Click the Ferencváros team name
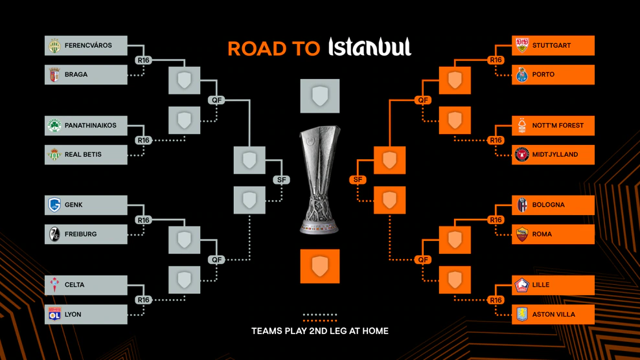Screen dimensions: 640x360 click(x=88, y=45)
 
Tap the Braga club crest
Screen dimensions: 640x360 click(x=54, y=74)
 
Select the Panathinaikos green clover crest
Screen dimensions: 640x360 click(x=54, y=126)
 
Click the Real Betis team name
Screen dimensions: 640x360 click(x=84, y=154)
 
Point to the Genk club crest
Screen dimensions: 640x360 click(x=54, y=205)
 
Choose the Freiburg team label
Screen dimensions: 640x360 click(x=81, y=234)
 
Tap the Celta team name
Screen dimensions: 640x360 click(x=74, y=285)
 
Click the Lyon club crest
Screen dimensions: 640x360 click(x=54, y=314)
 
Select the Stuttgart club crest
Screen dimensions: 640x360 click(x=521, y=45)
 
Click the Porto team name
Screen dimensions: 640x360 click(x=543, y=74)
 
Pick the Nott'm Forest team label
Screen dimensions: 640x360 click(x=558, y=126)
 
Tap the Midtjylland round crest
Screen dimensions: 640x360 click(x=521, y=155)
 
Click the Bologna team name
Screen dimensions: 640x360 click(x=549, y=205)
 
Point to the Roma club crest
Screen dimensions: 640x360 click(x=521, y=234)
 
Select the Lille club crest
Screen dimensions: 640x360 click(x=521, y=285)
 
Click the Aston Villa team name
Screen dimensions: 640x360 click(x=554, y=314)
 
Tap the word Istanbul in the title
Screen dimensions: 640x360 click(x=370, y=47)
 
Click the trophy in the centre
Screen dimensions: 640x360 click(x=320, y=180)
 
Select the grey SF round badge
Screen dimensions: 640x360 click(x=282, y=180)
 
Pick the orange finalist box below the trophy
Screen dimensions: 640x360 click(x=320, y=266)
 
